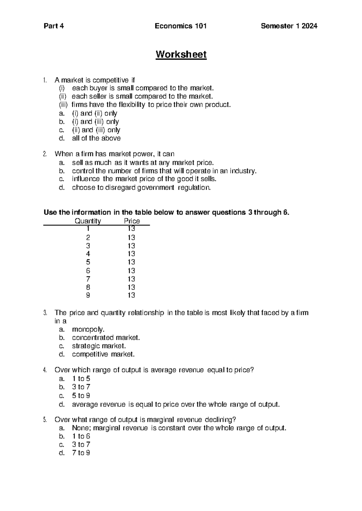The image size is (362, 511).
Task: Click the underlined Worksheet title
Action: tap(181, 55)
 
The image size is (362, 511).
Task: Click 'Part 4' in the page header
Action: tap(54, 26)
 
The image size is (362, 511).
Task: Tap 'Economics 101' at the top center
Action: tap(181, 26)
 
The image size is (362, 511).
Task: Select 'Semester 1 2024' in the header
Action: tap(289, 26)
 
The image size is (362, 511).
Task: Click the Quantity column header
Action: tap(88, 221)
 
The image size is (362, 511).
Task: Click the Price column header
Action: tap(132, 221)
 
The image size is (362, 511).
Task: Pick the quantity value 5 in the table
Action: tap(88, 262)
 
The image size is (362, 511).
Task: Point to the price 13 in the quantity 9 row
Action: tap(131, 295)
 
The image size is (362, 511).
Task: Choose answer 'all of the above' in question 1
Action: tap(96, 138)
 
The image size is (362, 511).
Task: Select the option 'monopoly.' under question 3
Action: tap(88, 329)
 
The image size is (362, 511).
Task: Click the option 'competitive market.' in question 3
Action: tap(103, 354)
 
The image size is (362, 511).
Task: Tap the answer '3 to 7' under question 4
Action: tap(81, 387)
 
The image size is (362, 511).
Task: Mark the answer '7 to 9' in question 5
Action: tap(81, 453)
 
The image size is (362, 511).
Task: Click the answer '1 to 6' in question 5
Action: tap(81, 436)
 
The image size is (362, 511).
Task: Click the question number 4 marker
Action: tap(45, 370)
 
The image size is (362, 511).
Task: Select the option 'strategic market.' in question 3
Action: tap(99, 346)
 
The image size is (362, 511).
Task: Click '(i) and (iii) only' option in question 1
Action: tap(95, 122)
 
